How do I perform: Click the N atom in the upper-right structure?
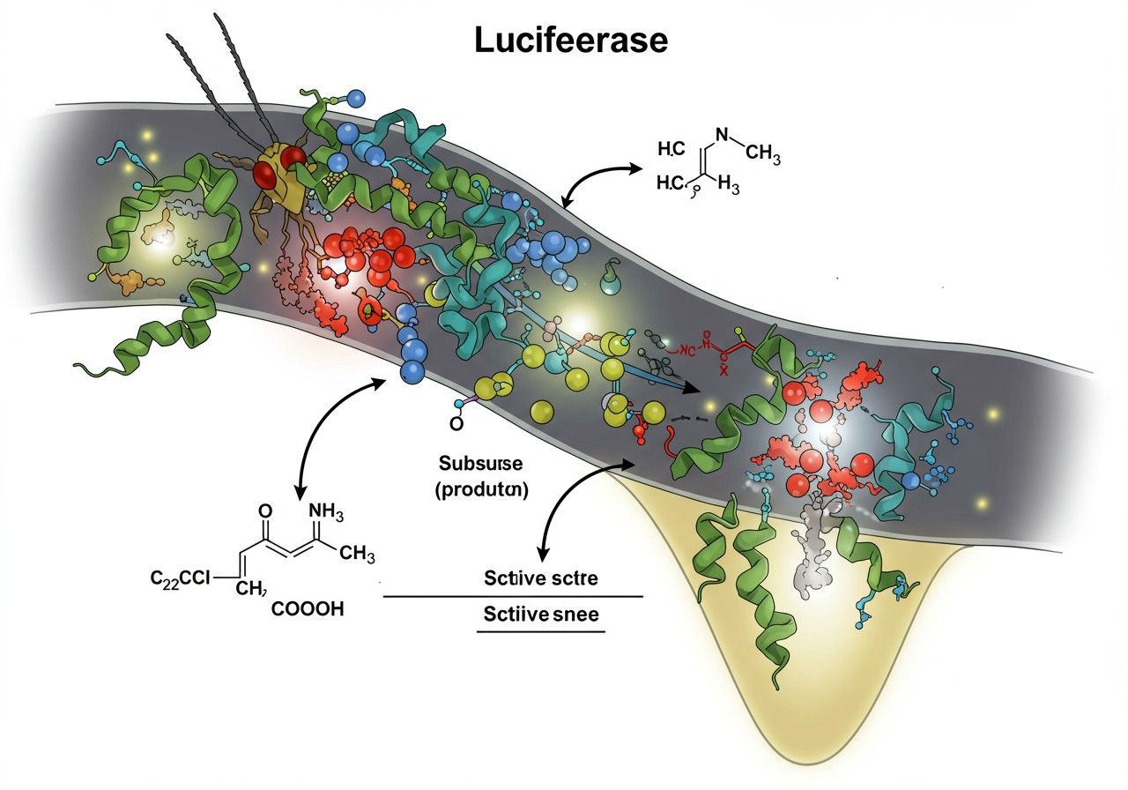[723, 135]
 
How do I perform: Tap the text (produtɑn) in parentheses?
[481, 491]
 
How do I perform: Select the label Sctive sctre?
[540, 579]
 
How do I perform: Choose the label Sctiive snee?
[540, 615]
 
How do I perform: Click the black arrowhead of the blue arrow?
[693, 389]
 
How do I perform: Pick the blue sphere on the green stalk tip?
[356, 97]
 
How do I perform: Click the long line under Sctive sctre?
[514, 596]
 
